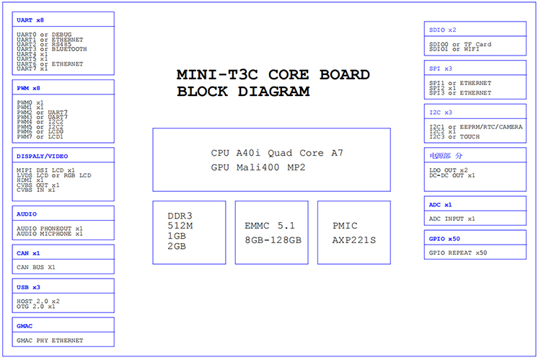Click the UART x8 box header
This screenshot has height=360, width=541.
click(30, 20)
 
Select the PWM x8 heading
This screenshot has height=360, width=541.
click(29, 88)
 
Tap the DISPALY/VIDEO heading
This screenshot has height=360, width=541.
click(42, 156)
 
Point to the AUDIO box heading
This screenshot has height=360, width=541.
click(27, 214)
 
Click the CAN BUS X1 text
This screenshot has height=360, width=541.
click(36, 267)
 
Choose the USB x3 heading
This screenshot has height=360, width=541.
click(28, 287)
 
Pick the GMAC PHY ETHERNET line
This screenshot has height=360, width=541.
click(50, 341)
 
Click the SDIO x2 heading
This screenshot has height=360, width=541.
click(442, 30)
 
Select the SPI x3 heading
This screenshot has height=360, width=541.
click(440, 69)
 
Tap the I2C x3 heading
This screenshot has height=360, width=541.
click(440, 113)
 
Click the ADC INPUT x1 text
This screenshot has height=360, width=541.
click(452, 219)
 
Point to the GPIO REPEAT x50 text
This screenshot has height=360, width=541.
click(458, 253)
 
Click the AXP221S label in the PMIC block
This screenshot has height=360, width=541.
click(354, 240)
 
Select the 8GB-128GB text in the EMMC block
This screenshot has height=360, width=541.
click(273, 240)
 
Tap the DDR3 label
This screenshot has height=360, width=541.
click(180, 216)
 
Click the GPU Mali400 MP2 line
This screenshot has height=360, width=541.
click(258, 167)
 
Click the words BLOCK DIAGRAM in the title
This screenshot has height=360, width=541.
click(243, 92)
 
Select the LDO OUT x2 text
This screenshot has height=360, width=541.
click(449, 170)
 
